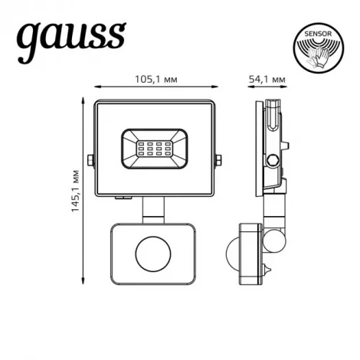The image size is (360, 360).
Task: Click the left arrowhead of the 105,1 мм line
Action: point(95,88)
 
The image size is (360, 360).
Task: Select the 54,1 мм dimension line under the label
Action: point(268,88)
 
